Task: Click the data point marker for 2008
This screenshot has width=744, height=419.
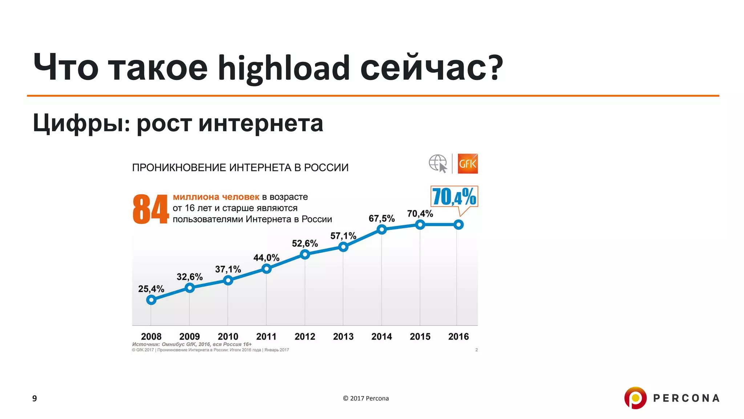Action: [x=151, y=300]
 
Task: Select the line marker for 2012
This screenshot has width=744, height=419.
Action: [x=305, y=255]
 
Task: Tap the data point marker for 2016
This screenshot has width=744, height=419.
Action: [x=458, y=225]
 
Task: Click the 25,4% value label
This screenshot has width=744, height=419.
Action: [x=151, y=289]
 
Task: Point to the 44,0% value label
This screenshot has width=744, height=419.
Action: [x=266, y=258]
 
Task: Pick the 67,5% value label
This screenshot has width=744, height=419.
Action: [x=381, y=219]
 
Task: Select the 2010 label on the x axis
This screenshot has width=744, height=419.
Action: [x=228, y=336]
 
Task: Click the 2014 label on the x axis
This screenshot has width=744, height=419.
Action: [x=381, y=336]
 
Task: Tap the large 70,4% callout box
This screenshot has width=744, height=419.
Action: [x=454, y=197]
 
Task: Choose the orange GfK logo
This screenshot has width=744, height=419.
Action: [x=468, y=164]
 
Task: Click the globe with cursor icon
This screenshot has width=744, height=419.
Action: [x=438, y=164]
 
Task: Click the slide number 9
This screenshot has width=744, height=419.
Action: [x=35, y=398]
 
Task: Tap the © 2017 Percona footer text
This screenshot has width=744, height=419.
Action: [x=366, y=398]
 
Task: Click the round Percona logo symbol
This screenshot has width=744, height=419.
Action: [x=635, y=398]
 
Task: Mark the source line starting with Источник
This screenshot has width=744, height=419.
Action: [x=192, y=344]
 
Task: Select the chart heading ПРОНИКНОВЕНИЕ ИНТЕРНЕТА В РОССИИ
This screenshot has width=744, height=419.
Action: [x=240, y=168]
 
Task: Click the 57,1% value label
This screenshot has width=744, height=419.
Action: [x=343, y=236]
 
